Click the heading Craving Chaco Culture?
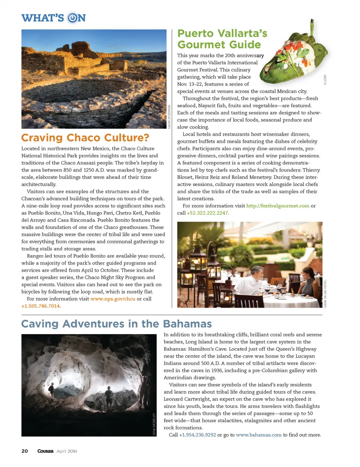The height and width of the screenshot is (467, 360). [x=85, y=138]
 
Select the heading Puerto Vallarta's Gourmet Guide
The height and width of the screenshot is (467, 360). [x=222, y=39]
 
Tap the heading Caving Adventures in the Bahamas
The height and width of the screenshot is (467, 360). [x=116, y=324]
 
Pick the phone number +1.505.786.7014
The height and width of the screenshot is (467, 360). [x=40, y=306]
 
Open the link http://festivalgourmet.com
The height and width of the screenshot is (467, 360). [x=277, y=206]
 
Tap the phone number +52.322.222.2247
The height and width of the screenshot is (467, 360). [x=207, y=213]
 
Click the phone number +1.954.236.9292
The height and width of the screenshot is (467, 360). [x=197, y=435]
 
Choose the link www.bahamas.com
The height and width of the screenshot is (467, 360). [x=258, y=435]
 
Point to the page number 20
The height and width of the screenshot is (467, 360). [x=25, y=451]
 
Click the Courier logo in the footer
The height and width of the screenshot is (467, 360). [x=45, y=451]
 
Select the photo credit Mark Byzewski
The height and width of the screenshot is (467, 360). [x=169, y=117]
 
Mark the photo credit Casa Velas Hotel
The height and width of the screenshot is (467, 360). [x=325, y=294]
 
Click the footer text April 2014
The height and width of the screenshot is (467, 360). [x=67, y=451]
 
